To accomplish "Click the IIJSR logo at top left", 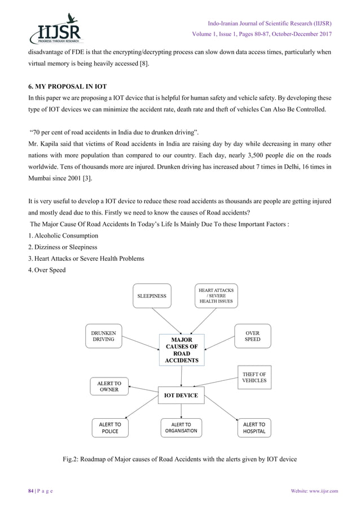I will click(x=56, y=28).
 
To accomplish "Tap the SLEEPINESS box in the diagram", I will click(x=152, y=295).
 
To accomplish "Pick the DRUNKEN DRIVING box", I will click(x=103, y=336).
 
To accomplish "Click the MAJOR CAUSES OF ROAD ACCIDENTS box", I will click(x=181, y=350).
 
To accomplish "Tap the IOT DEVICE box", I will click(x=181, y=395).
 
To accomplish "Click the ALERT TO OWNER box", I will click(x=109, y=386).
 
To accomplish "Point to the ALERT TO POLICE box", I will click(x=109, y=427).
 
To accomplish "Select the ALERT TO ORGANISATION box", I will click(x=181, y=427).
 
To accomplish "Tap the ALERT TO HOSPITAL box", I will click(x=254, y=427).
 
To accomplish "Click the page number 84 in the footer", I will click(x=25, y=491).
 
